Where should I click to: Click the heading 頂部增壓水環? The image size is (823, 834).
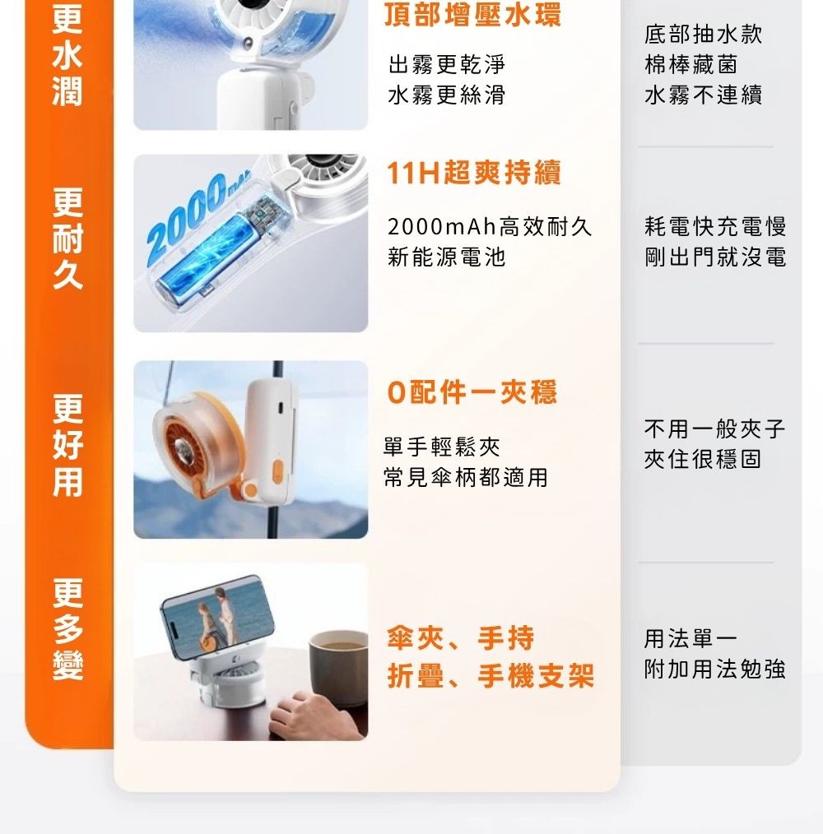coord(473,15)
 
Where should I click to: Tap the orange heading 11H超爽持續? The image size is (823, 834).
coord(474,174)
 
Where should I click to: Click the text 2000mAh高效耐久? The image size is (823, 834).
coord(490,227)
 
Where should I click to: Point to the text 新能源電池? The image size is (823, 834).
coord(446,257)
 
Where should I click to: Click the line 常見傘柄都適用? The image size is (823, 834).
coord(466,477)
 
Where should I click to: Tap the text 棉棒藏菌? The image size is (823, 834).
coord(690,64)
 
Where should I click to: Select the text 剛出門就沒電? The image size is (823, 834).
coord(715,257)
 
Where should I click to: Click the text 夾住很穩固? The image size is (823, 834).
coord(702,459)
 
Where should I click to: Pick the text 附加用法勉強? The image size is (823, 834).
coord(714,670)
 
